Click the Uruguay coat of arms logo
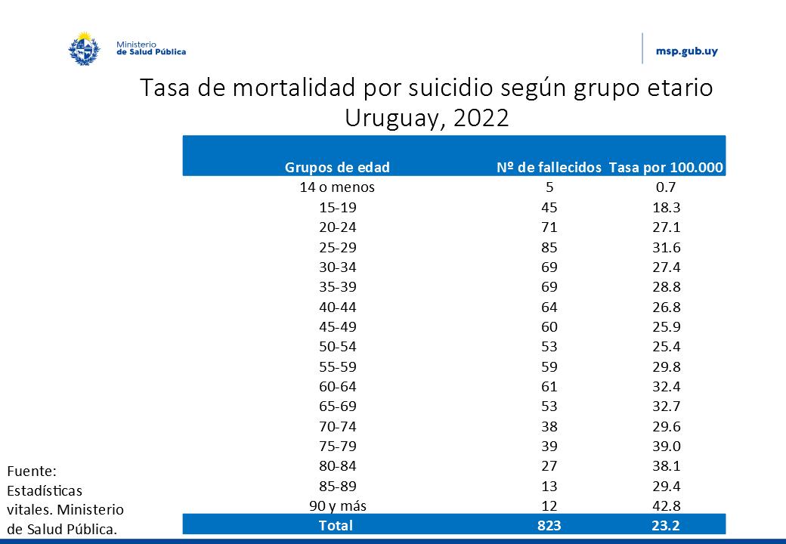(x=85, y=48)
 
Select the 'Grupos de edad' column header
(x=337, y=167)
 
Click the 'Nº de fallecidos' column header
(x=549, y=167)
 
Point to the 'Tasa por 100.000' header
(x=666, y=167)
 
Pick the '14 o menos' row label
(x=337, y=187)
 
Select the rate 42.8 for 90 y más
(x=666, y=505)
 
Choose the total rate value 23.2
(x=666, y=525)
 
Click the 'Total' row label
(x=336, y=525)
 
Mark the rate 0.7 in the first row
(x=666, y=187)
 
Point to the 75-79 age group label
(x=337, y=446)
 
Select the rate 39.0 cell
(x=666, y=446)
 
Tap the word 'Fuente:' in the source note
(x=26, y=471)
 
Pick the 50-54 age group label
(x=337, y=346)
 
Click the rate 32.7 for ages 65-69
(x=666, y=406)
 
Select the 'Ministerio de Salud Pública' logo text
(x=150, y=48)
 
